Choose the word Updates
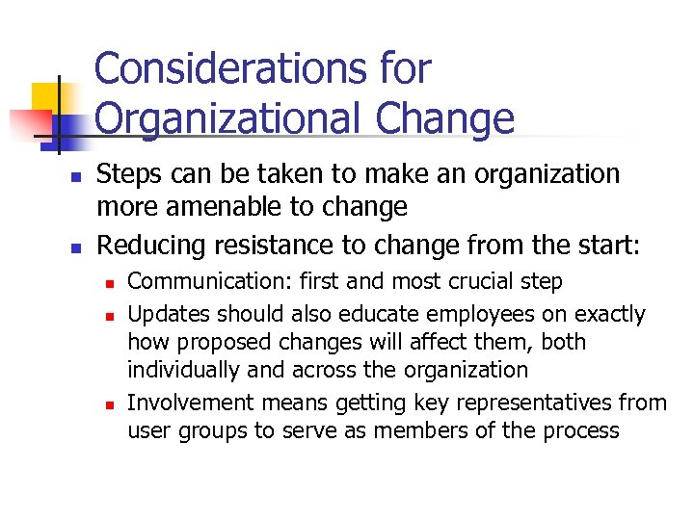(x=169, y=314)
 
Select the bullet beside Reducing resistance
(x=73, y=247)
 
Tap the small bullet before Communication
(x=111, y=284)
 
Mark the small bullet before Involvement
(x=111, y=404)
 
